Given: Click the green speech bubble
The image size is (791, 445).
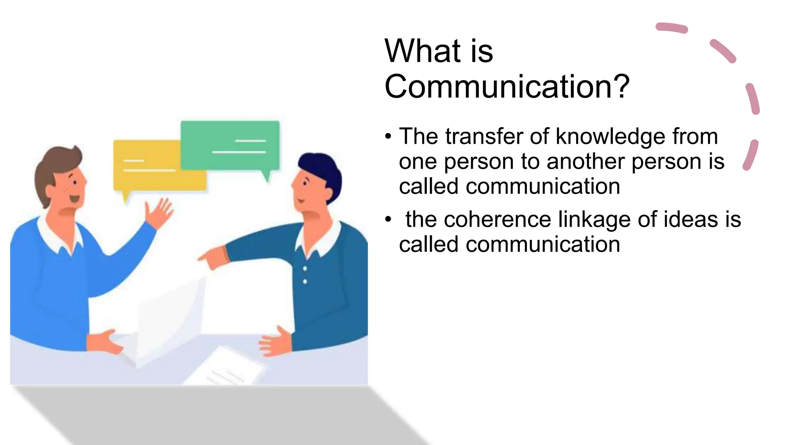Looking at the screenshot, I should (x=230, y=145).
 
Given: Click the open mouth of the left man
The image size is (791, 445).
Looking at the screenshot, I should (x=74, y=199).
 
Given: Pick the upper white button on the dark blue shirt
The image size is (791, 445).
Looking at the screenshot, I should (x=305, y=268).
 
